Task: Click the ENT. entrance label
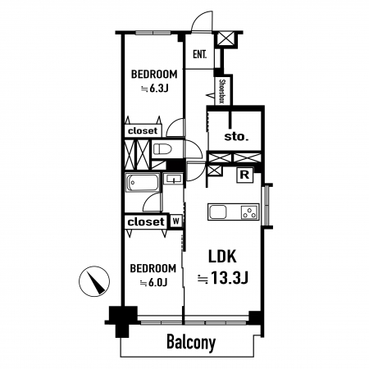tap(199, 54)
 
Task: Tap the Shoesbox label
tap(222, 91)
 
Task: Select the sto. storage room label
tap(236, 136)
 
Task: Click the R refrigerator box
tap(244, 175)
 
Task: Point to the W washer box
tap(176, 221)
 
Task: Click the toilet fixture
tap(162, 149)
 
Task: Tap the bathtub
tap(143, 182)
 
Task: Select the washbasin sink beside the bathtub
tap(173, 179)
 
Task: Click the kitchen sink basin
tap(218, 212)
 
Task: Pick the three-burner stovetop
tap(249, 212)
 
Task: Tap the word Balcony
tap(191, 342)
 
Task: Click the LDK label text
tap(222, 257)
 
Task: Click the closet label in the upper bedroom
tap(143, 130)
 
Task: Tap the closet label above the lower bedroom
tap(146, 221)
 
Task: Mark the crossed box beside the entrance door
tap(226, 39)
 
